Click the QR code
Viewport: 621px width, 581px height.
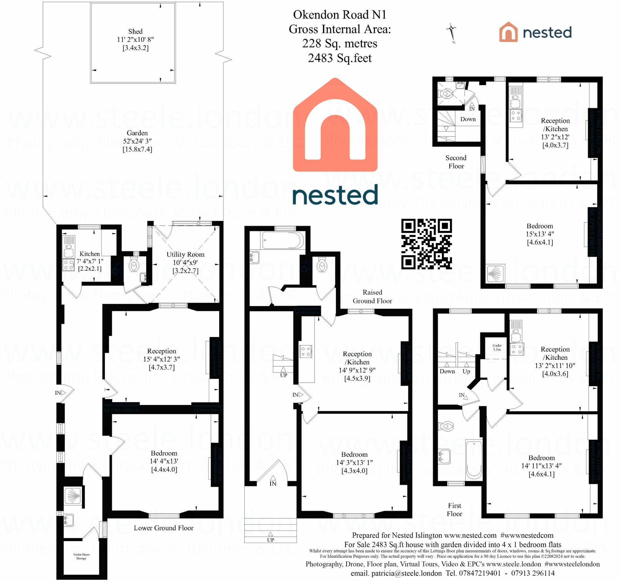click(426, 244)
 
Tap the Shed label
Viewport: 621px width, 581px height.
click(135, 32)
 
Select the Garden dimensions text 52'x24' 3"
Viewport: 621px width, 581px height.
click(137, 141)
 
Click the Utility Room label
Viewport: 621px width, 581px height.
click(185, 254)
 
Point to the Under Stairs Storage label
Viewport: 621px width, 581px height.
click(82, 556)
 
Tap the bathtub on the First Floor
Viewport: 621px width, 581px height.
click(474, 460)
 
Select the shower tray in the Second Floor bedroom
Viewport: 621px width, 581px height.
click(496, 274)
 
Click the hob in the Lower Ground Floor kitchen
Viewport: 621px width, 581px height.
click(68, 265)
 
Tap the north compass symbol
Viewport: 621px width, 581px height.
click(451, 33)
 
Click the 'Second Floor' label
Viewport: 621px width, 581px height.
click(456, 162)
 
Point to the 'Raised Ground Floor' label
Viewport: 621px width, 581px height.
click(372, 296)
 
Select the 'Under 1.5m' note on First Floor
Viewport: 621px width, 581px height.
click(497, 347)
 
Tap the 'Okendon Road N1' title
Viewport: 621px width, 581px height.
click(339, 15)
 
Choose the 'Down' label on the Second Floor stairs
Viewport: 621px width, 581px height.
click(468, 119)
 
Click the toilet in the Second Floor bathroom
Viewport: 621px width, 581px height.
click(446, 93)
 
